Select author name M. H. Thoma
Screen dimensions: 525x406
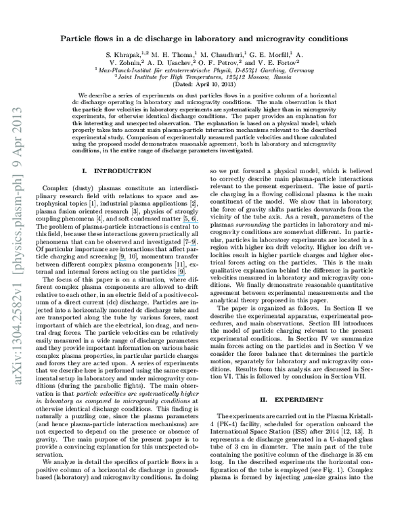pyautogui.click(x=173, y=54)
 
